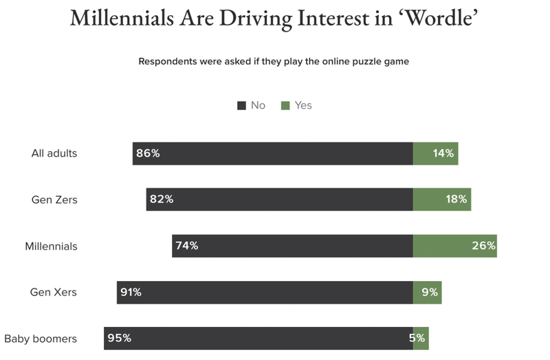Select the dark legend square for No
tap(241, 106)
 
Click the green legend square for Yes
tap(285, 106)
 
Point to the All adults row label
tap(54, 153)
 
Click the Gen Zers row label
tap(54, 200)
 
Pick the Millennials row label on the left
tap(51, 246)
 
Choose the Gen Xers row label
tap(54, 292)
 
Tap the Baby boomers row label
tap(41, 338)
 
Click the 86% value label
tap(148, 153)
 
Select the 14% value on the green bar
tap(443, 153)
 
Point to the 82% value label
tap(161, 200)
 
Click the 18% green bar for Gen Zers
tap(442, 200)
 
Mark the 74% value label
tap(186, 246)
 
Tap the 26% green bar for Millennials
tap(455, 246)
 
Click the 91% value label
tap(131, 292)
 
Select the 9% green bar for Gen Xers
tap(427, 292)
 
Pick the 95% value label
tap(119, 338)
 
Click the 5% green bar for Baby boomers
tap(421, 338)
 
